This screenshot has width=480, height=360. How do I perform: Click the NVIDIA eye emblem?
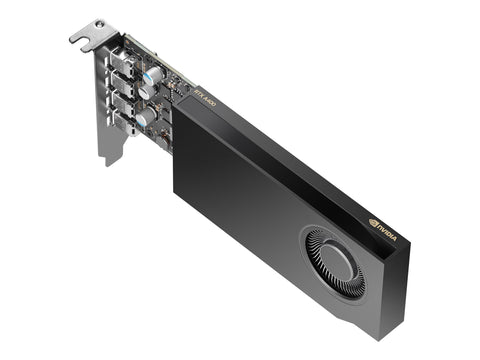[x=373, y=225]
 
